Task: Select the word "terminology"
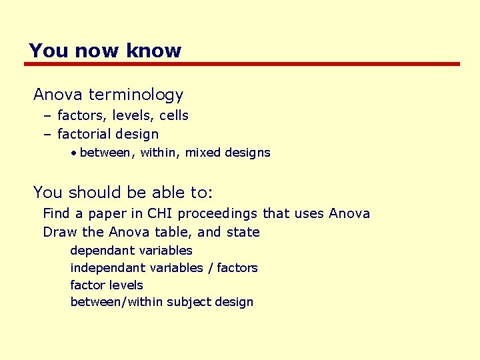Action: [x=135, y=95]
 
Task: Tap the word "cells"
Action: [x=174, y=115]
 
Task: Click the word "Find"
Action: [x=55, y=213]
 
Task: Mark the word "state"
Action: [x=243, y=232]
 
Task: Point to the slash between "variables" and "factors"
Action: [x=211, y=268]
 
